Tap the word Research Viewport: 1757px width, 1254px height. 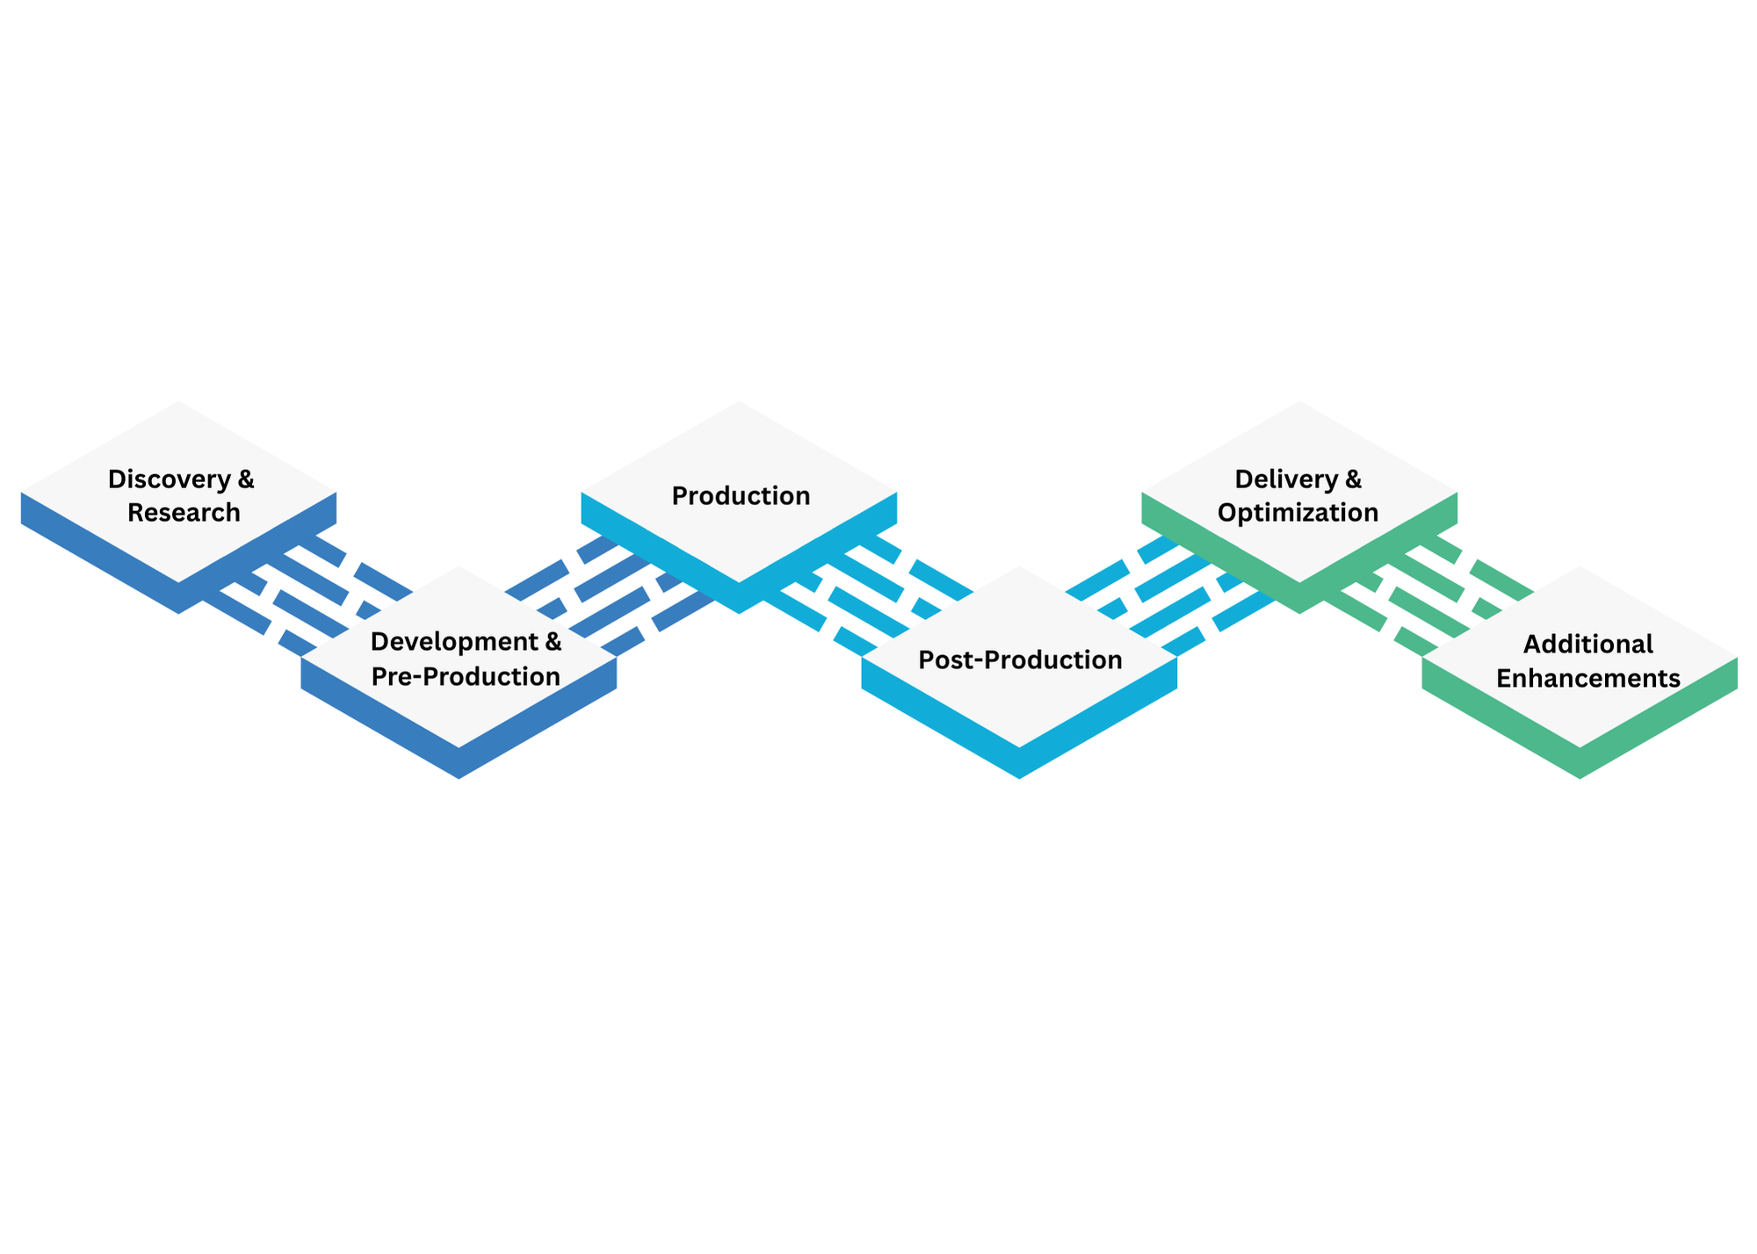pos(184,513)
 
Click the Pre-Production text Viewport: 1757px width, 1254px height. pos(466,677)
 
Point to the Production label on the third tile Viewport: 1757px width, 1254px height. pos(741,496)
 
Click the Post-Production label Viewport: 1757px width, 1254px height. pos(1020,660)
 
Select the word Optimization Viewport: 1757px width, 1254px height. pos(1298,513)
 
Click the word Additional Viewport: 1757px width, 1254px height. pos(1587,645)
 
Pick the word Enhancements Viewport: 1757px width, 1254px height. pos(1587,679)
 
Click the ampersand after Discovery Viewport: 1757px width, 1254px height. pos(246,479)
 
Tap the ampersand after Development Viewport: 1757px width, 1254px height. pos(553,642)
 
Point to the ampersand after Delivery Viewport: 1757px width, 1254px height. pos(1353,479)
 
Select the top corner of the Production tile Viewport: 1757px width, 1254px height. pos(740,403)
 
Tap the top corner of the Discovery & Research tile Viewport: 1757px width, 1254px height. pos(179,403)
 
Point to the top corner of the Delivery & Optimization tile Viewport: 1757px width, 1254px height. pos(1299,403)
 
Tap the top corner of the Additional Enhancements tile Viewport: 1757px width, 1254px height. pos(1580,567)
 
